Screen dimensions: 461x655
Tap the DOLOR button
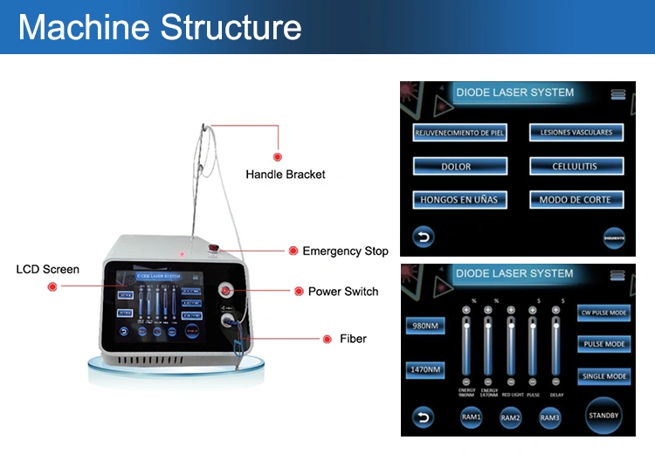click(456, 166)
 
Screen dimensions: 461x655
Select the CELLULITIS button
click(576, 166)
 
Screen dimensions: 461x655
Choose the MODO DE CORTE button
click(576, 200)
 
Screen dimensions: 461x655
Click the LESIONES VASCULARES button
click(576, 133)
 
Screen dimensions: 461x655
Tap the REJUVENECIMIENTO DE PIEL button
click(459, 133)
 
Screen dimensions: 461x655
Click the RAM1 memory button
click(472, 419)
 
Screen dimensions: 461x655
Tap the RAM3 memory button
click(549, 419)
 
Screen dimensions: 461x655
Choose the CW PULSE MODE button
click(603, 313)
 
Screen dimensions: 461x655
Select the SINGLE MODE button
click(603, 376)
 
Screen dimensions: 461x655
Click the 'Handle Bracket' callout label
click(285, 175)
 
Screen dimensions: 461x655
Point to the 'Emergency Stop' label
click(345, 251)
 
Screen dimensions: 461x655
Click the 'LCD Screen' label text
click(48, 269)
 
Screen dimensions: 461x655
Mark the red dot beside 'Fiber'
click(329, 339)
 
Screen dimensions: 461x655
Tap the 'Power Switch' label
click(343, 292)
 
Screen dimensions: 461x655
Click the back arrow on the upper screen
click(424, 236)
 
